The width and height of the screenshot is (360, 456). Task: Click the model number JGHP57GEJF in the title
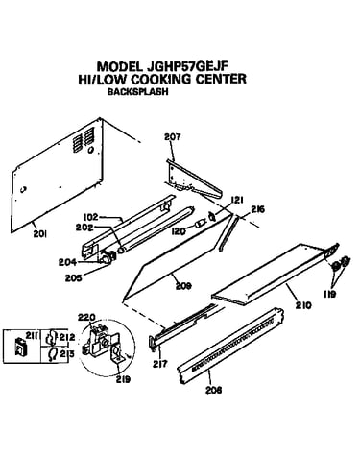(187, 66)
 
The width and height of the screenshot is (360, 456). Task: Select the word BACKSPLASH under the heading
(137, 91)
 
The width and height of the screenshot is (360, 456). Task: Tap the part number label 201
(40, 234)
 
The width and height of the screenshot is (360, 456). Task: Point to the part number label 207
(173, 136)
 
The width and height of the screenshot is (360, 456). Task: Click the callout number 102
(90, 217)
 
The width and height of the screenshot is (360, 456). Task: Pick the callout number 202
(84, 228)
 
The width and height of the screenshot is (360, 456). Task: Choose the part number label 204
(67, 262)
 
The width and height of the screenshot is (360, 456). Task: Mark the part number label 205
(74, 277)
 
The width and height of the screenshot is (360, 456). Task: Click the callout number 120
(178, 230)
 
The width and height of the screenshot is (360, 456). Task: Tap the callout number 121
(237, 201)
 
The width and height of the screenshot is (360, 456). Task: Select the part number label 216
(257, 210)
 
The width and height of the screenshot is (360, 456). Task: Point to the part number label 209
(183, 286)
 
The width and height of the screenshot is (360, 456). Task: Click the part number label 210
(302, 305)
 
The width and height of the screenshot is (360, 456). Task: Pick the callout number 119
(329, 294)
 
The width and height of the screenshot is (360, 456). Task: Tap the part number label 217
(160, 364)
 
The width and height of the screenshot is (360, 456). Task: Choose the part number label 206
(214, 390)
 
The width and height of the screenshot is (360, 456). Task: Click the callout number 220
(86, 318)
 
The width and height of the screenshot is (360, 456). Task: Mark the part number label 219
(123, 379)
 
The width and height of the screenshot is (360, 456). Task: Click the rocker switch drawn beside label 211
(21, 346)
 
